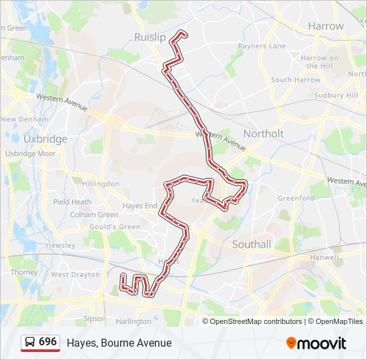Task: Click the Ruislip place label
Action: [x=149, y=37]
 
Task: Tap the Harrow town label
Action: [x=326, y=26]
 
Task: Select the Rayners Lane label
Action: [x=262, y=46]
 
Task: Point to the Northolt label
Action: [x=263, y=133]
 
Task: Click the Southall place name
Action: [x=252, y=245]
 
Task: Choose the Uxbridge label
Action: [x=45, y=139]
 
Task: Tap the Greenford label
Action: [x=296, y=198]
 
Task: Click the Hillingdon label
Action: [x=100, y=183]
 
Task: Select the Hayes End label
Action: [x=139, y=206]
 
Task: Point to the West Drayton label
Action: [x=75, y=275]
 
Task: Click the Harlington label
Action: [x=133, y=321]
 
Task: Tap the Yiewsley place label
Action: [x=59, y=245]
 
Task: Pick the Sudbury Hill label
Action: [x=337, y=95]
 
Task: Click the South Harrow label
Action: [x=296, y=80]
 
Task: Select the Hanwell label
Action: [x=325, y=257]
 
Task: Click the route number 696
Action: [x=47, y=342]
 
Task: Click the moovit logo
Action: [x=316, y=343]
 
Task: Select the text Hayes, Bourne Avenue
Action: [x=119, y=343]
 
